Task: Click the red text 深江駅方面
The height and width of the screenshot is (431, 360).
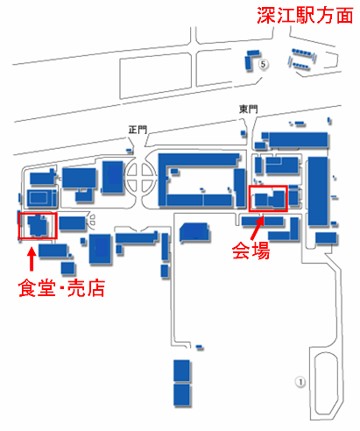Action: [305, 15]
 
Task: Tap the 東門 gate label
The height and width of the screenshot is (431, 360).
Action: [249, 110]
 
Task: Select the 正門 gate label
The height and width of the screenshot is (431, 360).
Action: [138, 130]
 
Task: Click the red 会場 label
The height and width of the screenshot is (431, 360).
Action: [251, 251]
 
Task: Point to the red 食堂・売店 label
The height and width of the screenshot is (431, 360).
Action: [61, 288]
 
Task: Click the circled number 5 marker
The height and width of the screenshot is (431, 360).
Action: [263, 64]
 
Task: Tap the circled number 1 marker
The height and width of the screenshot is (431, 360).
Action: [300, 382]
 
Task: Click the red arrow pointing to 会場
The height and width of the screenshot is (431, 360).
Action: [258, 229]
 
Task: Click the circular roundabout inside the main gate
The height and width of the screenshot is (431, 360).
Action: [141, 176]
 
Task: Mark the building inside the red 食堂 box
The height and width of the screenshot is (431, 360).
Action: [38, 225]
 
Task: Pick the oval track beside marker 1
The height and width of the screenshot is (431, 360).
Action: [327, 384]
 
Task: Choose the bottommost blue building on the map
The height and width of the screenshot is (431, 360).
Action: [181, 395]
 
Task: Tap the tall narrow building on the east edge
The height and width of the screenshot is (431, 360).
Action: [318, 191]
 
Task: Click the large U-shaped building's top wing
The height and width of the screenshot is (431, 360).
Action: [199, 160]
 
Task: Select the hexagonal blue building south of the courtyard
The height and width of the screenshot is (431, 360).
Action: [194, 232]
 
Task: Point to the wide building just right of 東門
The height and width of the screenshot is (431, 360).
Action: [298, 140]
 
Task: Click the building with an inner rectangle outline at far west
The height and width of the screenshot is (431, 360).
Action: [41, 198]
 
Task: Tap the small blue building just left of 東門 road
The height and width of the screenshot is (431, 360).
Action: [243, 133]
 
